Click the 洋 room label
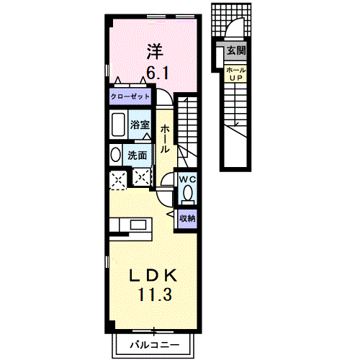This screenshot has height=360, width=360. click(155, 52)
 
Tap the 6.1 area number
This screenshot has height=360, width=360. click(158, 73)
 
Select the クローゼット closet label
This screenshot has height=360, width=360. click(130, 96)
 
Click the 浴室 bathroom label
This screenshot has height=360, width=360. click(140, 125)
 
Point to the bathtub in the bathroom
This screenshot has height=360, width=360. click(118, 125)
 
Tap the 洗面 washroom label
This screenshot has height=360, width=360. click(137, 156)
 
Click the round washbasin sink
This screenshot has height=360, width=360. click(116, 155)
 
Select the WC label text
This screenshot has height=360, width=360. click(188, 179)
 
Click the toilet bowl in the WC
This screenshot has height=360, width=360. click(188, 193)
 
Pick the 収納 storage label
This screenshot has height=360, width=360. click(188, 218)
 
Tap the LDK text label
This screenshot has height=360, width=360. click(153, 276)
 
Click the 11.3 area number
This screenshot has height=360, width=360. click(155, 294)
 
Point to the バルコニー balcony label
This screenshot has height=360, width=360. click(155, 345)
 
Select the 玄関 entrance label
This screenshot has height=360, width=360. click(236, 50)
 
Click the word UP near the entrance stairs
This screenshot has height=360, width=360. click(236, 78)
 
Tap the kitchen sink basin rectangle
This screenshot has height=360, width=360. click(138, 225)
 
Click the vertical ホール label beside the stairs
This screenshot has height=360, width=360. click(165, 139)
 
